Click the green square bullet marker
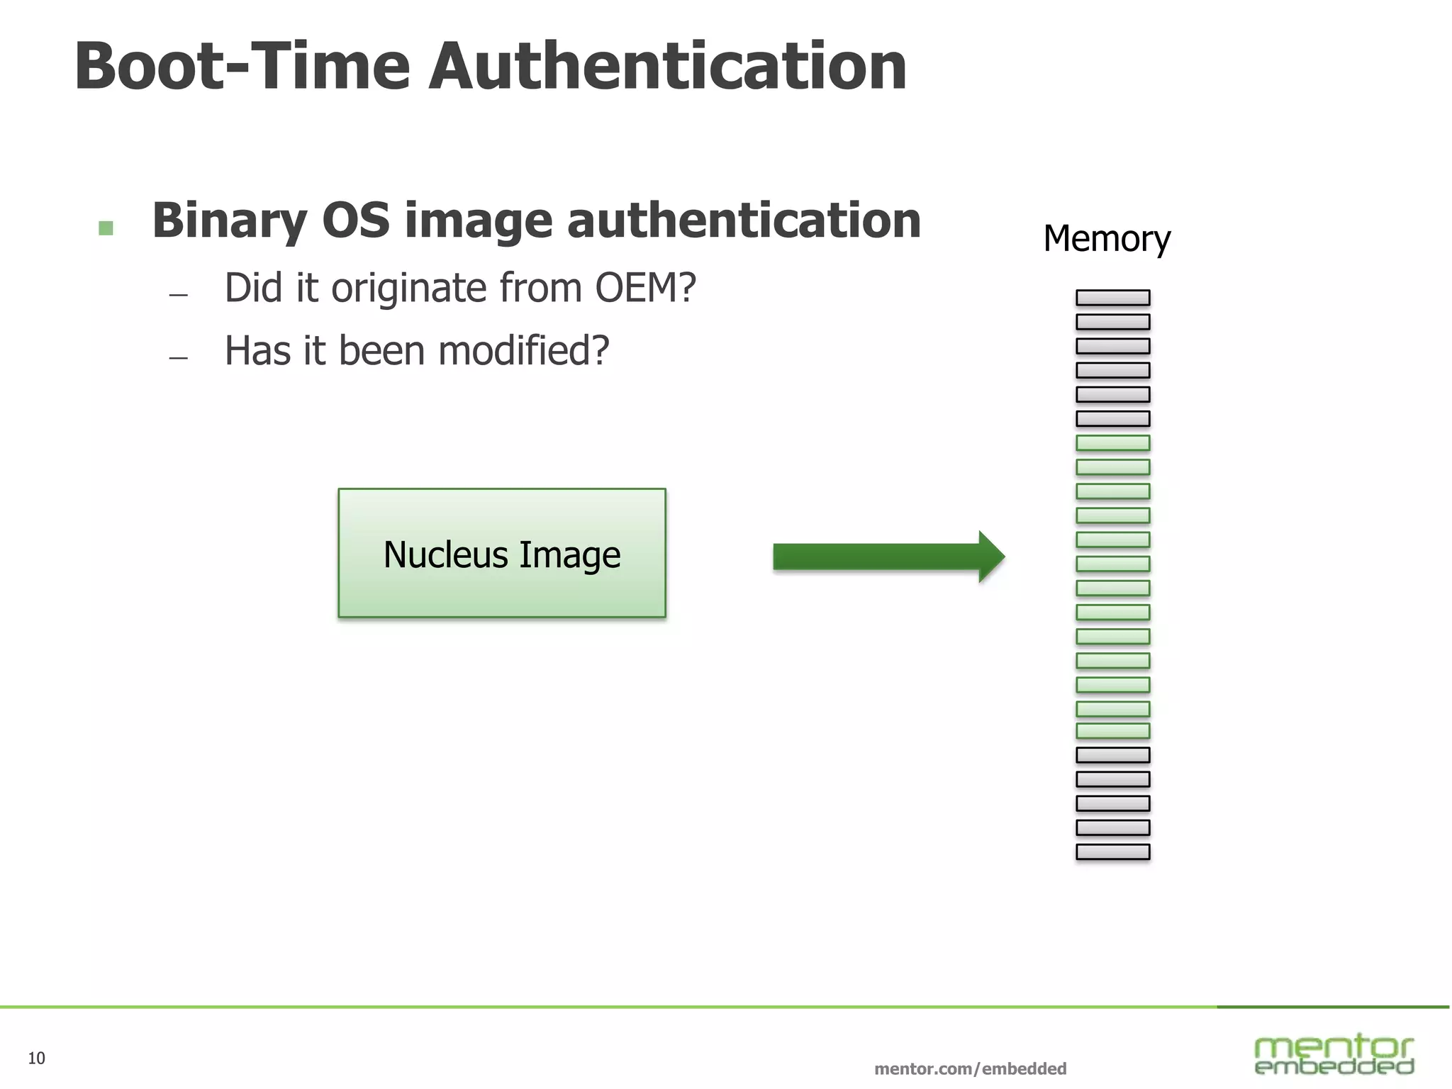(x=106, y=228)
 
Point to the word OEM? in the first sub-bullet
(x=645, y=288)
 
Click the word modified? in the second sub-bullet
(x=523, y=350)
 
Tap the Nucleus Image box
(x=502, y=553)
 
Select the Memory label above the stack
(x=1106, y=239)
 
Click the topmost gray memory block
(x=1112, y=298)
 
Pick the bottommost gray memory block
(x=1112, y=851)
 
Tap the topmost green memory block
(x=1112, y=443)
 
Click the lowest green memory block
(x=1112, y=731)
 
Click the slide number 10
(x=36, y=1059)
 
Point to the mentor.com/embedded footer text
(x=970, y=1068)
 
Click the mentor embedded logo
(x=1334, y=1055)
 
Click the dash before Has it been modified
(x=179, y=358)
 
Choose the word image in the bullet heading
(x=478, y=221)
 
